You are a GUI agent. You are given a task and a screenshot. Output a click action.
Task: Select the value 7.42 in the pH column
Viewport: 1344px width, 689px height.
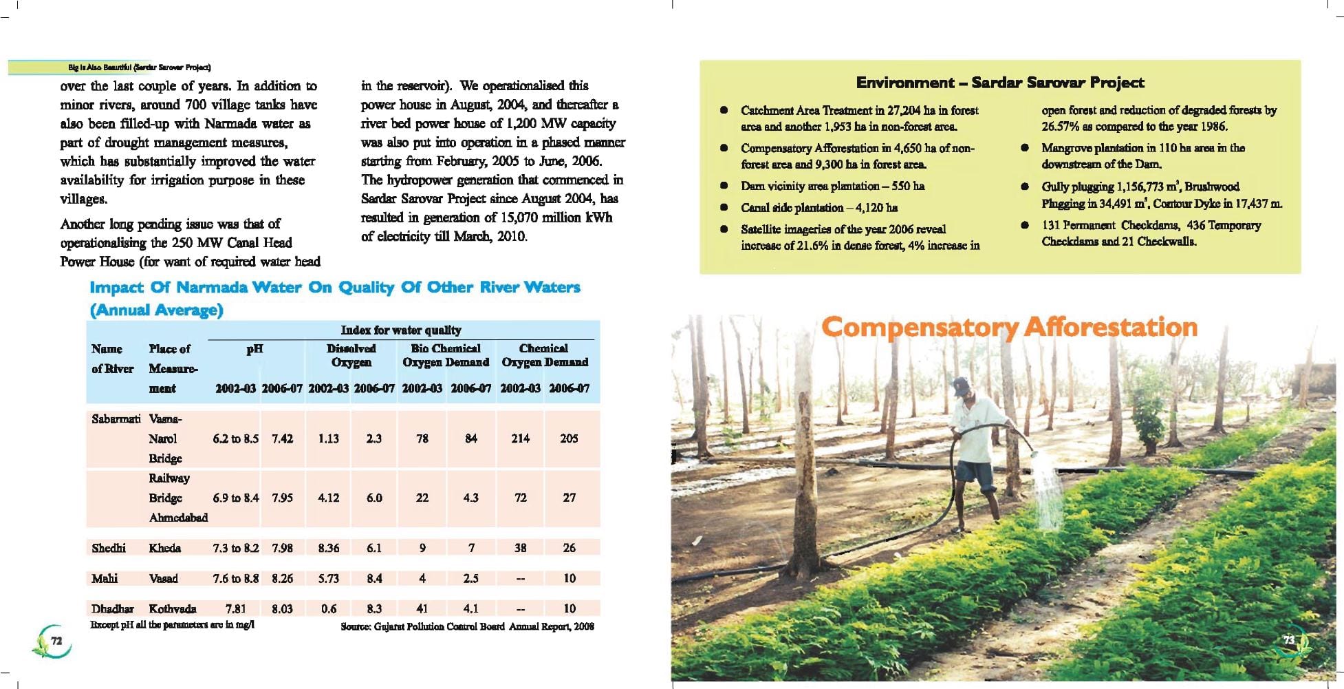pos(282,438)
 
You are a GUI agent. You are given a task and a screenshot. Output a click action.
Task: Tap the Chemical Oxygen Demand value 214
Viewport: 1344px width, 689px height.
pos(520,438)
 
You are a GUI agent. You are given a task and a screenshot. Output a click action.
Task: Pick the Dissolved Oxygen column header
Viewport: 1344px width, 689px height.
pos(351,355)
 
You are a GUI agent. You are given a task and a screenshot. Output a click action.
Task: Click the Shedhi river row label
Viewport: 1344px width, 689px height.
pos(109,548)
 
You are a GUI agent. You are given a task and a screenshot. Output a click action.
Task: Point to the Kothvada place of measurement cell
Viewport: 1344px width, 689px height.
pos(173,608)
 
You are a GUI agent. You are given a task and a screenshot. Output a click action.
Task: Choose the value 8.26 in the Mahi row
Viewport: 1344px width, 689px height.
pos(282,578)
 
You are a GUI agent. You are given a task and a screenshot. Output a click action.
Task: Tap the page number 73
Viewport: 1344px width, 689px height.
pos(1289,640)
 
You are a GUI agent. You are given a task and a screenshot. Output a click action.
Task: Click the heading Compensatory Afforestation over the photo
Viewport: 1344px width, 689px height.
pos(1009,327)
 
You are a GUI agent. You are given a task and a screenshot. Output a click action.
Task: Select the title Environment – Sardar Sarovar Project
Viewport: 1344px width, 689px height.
pos(999,83)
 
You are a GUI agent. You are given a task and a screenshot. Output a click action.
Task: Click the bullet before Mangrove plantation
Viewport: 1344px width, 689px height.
pos(1025,148)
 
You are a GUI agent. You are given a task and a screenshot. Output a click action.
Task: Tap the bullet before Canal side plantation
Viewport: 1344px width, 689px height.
pos(724,208)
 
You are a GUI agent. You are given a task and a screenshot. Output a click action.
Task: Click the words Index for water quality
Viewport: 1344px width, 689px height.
pos(401,330)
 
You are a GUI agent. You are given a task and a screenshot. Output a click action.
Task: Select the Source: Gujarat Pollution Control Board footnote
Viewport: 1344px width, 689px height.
pos(467,626)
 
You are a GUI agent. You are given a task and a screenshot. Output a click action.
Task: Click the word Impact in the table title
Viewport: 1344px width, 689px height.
pos(116,288)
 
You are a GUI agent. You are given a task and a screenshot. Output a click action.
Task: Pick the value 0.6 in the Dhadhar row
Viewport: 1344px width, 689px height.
pos(329,608)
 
